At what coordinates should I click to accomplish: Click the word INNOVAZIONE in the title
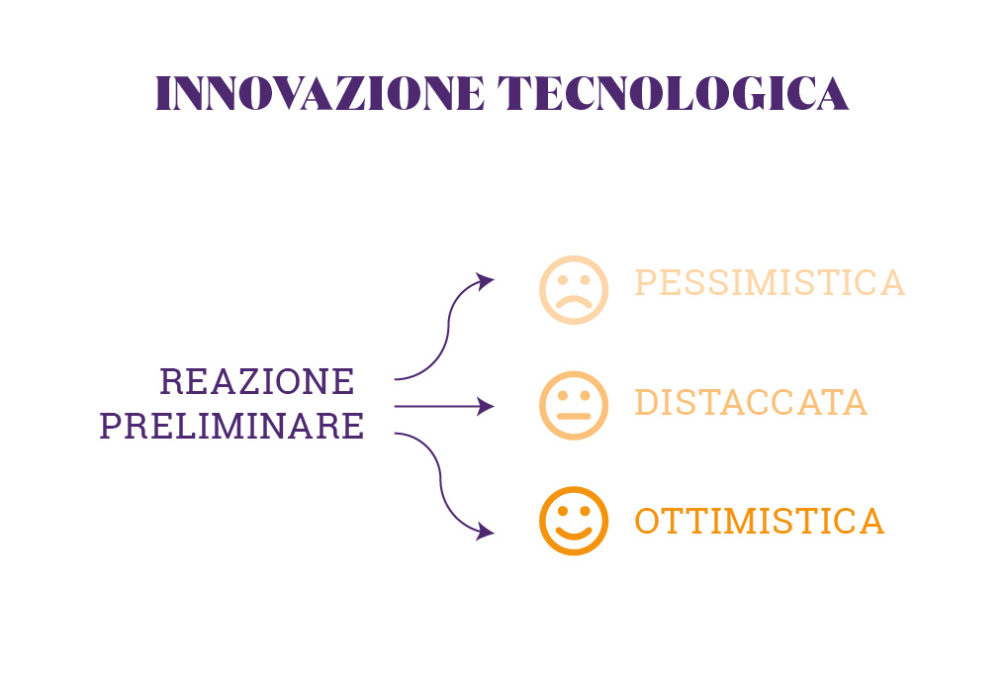[320, 93]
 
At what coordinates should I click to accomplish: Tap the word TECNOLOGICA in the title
[673, 93]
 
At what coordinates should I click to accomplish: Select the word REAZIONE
[257, 382]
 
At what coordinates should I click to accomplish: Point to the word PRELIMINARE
[231, 426]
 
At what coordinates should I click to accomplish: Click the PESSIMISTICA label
[770, 283]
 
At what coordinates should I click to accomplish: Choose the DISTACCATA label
[751, 402]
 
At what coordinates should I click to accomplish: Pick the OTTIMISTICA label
[759, 521]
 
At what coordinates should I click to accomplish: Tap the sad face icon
[574, 290]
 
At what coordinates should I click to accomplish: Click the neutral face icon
[574, 406]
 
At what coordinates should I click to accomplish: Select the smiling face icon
[574, 521]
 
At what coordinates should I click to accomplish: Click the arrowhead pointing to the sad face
[485, 281]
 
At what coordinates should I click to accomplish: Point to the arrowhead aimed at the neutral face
[486, 406]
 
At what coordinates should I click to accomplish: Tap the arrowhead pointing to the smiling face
[485, 532]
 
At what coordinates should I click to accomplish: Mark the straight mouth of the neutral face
[574, 417]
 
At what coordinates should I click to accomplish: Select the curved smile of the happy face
[574, 534]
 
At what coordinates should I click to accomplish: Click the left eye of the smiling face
[563, 511]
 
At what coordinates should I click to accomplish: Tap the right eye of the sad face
[585, 280]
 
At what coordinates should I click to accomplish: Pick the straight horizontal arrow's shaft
[436, 406]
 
